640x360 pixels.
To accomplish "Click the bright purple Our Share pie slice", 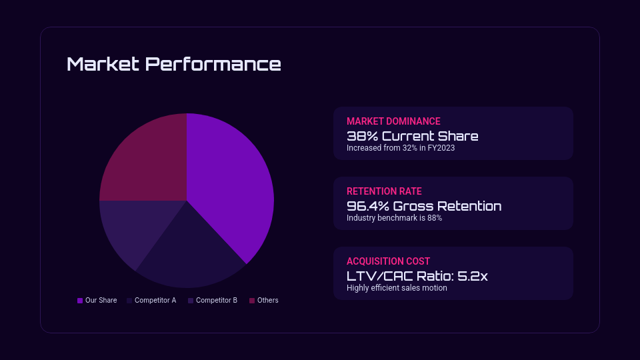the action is [229, 184].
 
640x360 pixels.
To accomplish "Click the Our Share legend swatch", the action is [80, 301].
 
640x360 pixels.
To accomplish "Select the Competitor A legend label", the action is [155, 301].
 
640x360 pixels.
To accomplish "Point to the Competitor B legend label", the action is [216, 301].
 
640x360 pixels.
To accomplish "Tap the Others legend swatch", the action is [252, 301].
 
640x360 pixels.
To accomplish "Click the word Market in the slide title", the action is [103, 64].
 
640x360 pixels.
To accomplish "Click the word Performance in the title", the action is [213, 64].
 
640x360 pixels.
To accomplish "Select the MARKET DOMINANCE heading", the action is [393, 121].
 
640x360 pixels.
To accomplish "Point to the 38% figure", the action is [363, 136].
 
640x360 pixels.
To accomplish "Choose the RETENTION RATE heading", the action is [384, 191].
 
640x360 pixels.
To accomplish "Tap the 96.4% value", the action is [368, 206].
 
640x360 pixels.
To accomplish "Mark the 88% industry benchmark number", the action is [435, 218].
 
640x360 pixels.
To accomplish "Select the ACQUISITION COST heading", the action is [388, 261].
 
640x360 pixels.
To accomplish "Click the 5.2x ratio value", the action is [473, 276].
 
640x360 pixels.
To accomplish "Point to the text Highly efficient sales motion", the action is [397, 288].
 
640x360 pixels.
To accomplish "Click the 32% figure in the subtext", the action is [410, 148].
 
